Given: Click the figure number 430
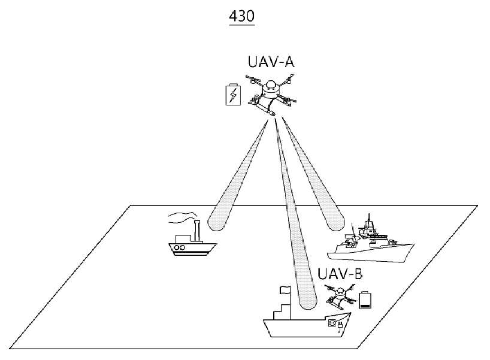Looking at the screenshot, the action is tap(241, 16).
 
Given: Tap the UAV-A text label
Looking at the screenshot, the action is tap(271, 62).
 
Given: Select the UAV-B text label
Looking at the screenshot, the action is tap(340, 274).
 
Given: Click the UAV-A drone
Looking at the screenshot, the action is tap(271, 95).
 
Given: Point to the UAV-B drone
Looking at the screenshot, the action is tap(340, 295).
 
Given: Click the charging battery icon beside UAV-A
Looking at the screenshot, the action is tap(233, 95).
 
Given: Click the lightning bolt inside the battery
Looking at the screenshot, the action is tap(233, 95).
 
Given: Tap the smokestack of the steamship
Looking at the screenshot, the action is tap(196, 231).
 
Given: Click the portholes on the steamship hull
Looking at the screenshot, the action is tap(179, 247).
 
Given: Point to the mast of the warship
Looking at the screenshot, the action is tap(370, 221).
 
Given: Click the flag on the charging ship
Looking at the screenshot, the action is tap(285, 290).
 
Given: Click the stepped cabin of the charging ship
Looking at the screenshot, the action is tap(282, 311).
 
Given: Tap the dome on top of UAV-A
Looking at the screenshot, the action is tap(270, 85).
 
